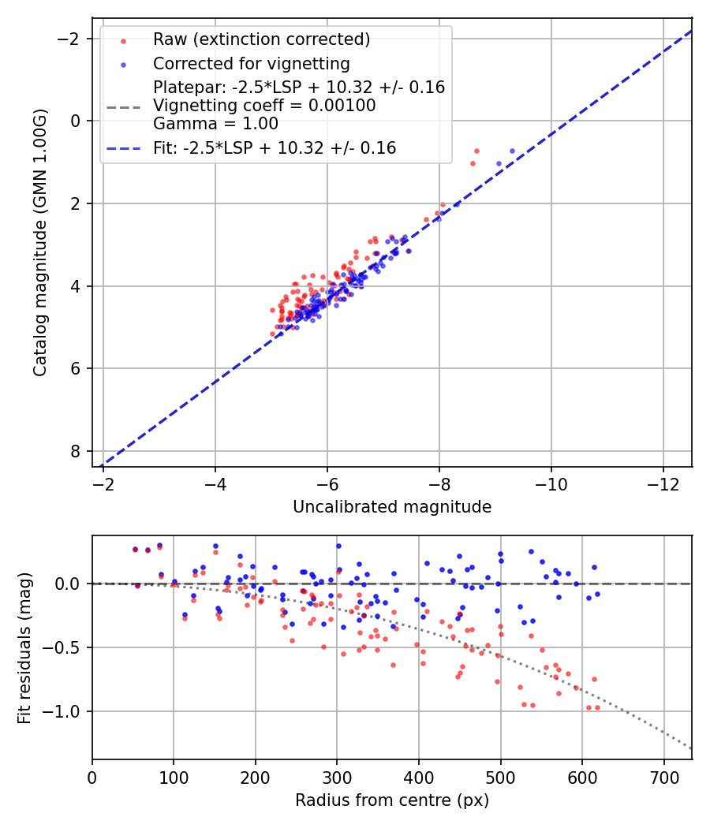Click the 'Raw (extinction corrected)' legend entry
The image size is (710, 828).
tap(261, 39)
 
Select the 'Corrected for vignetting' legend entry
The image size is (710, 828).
tap(251, 63)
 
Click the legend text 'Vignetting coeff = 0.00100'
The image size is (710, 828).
tap(264, 105)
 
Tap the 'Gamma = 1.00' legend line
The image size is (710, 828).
tap(215, 123)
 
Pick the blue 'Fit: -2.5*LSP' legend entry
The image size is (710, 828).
tap(275, 147)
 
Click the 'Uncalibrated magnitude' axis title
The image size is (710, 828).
tap(392, 507)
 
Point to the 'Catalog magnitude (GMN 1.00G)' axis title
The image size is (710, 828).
tap(41, 243)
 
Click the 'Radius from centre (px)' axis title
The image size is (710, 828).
tap(392, 800)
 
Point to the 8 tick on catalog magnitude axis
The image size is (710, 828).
tap(75, 452)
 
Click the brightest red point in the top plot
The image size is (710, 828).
tap(476, 151)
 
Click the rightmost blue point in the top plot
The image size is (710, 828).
tap(512, 151)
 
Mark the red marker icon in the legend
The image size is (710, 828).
tap(123, 40)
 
